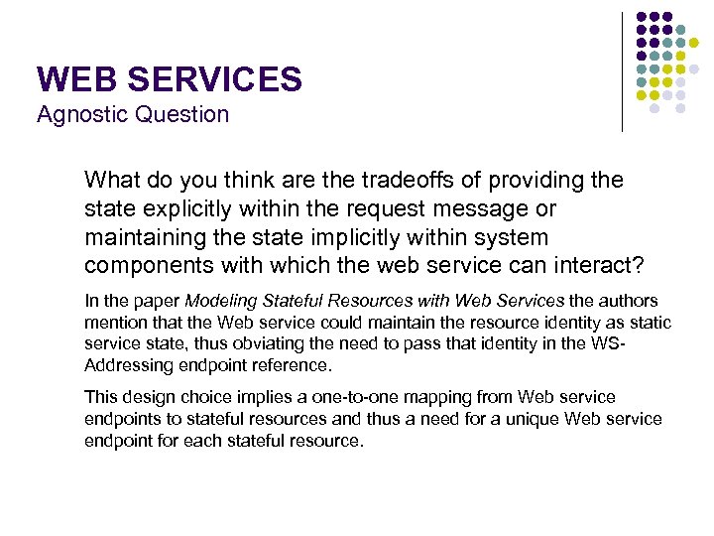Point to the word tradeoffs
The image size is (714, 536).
[389, 181]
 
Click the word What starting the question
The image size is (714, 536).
[110, 181]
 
